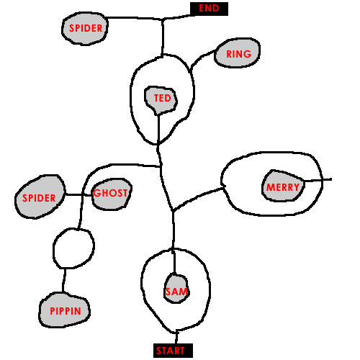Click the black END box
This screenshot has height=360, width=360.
(x=209, y=9)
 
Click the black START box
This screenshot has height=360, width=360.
(x=173, y=351)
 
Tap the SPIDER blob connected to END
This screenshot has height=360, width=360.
(x=85, y=28)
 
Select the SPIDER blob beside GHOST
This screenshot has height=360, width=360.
(x=40, y=197)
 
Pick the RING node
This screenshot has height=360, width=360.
(x=238, y=53)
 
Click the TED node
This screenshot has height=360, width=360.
(x=161, y=100)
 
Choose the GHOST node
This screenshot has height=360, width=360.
(x=112, y=194)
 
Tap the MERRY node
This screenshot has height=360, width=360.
(x=283, y=186)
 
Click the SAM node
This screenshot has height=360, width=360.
(x=176, y=289)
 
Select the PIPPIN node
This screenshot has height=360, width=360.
(x=64, y=310)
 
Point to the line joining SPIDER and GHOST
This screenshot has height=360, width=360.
(x=78, y=195)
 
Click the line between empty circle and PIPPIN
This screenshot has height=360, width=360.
(x=64, y=280)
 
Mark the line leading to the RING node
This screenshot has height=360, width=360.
(x=201, y=58)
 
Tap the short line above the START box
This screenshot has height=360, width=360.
(x=176, y=337)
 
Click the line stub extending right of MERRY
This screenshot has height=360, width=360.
(x=318, y=180)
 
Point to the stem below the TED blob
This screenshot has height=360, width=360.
(x=158, y=130)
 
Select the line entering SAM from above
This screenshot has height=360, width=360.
(x=174, y=261)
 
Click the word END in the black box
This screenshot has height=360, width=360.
(x=209, y=9)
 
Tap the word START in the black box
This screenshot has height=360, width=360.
(x=171, y=351)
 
